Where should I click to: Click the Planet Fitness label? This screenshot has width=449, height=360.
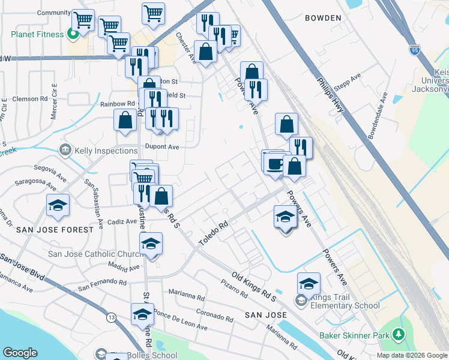37,34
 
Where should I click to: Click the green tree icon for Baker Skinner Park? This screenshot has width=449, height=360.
397,334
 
